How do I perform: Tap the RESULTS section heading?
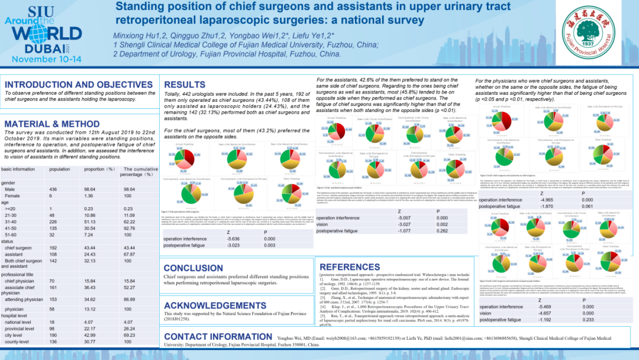[x=185, y=85]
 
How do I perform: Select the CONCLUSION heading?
[x=194, y=268]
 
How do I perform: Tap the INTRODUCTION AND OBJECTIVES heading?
[x=79, y=85]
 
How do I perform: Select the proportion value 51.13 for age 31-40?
[x=91, y=221]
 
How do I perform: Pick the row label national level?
[x=18, y=322]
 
